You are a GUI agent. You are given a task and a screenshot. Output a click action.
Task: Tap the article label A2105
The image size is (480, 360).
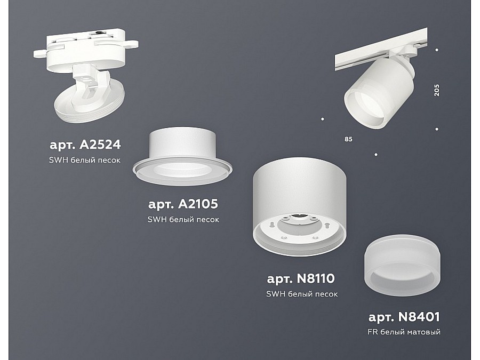[x=183, y=204]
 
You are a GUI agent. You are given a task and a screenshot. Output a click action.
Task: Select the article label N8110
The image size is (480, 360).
[x=301, y=278]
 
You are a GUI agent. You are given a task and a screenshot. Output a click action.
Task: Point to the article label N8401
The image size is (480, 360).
[x=404, y=317]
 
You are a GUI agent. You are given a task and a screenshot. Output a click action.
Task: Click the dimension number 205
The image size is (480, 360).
[x=437, y=90]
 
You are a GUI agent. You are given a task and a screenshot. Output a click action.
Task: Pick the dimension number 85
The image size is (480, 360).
[x=348, y=139]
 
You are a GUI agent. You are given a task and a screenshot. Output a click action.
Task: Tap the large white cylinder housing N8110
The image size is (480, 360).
[x=300, y=187]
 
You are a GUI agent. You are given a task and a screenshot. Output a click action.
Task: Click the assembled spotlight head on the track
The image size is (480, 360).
[x=373, y=96]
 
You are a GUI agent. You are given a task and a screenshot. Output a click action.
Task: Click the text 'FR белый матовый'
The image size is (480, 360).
[x=404, y=332]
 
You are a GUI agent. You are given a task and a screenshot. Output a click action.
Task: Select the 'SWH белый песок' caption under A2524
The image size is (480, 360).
[x=85, y=159]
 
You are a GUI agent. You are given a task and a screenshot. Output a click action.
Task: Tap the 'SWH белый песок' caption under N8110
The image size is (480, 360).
[x=301, y=294]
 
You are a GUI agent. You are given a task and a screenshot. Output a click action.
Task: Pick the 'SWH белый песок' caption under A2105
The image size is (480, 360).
[x=183, y=219]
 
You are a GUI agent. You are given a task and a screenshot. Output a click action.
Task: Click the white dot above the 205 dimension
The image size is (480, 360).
[x=437, y=51]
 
